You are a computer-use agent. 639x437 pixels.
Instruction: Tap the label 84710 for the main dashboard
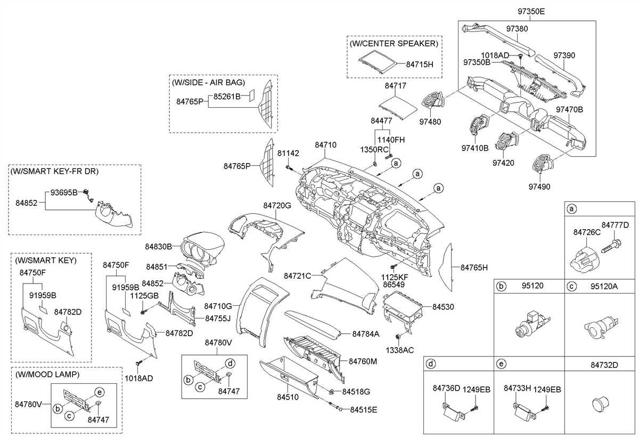325,144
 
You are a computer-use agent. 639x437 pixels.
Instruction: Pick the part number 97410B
475,148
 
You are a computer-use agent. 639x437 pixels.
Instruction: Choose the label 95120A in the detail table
604,286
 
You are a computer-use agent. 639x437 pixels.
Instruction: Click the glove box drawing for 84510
288,377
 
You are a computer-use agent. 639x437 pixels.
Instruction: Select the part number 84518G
356,392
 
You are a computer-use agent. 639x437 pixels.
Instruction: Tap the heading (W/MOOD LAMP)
47,375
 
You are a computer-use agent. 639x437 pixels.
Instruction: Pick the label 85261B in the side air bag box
227,96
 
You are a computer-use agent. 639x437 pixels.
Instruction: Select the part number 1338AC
400,350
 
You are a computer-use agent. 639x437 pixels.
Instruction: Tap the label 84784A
365,334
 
